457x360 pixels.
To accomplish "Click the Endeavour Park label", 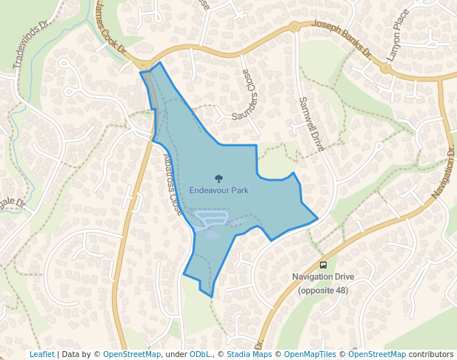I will point(219,190).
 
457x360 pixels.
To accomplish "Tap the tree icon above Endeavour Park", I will point(219,178).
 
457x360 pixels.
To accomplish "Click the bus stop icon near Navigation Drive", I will point(323,265).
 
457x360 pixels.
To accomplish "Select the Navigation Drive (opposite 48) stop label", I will point(323,284).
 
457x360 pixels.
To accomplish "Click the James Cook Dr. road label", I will point(110,33).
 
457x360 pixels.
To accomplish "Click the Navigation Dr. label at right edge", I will point(443,174).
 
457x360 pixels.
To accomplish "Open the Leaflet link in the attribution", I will point(41,354).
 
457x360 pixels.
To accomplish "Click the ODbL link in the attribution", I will point(200,354).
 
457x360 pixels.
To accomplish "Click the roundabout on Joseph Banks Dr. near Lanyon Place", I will point(385,67).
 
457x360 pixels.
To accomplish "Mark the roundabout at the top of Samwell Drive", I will point(294,27).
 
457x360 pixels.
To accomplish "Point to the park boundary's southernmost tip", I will point(212,297).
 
